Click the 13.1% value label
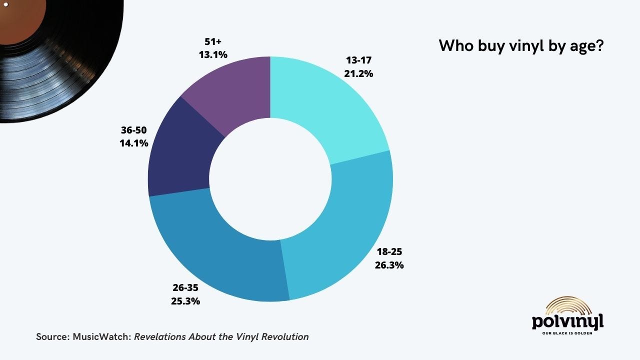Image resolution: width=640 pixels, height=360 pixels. pyautogui.click(x=213, y=54)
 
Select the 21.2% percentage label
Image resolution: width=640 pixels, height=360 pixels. pyautogui.click(x=358, y=73)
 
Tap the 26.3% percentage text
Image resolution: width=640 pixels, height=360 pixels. pyautogui.click(x=389, y=265)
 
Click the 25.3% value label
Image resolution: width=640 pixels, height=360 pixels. pyautogui.click(x=185, y=301)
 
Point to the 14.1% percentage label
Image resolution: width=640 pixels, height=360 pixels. pyautogui.click(x=134, y=143)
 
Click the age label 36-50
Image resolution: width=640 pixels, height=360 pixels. pyautogui.click(x=133, y=130)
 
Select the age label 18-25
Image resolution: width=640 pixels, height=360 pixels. pyautogui.click(x=389, y=251)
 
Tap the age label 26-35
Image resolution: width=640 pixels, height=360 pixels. pyautogui.click(x=185, y=287)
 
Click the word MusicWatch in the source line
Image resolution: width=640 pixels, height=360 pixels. pyautogui.click(x=101, y=336)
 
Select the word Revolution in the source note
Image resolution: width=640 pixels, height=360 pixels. pyautogui.click(x=285, y=336)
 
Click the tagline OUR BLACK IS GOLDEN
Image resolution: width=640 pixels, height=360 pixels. pyautogui.click(x=567, y=333)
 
